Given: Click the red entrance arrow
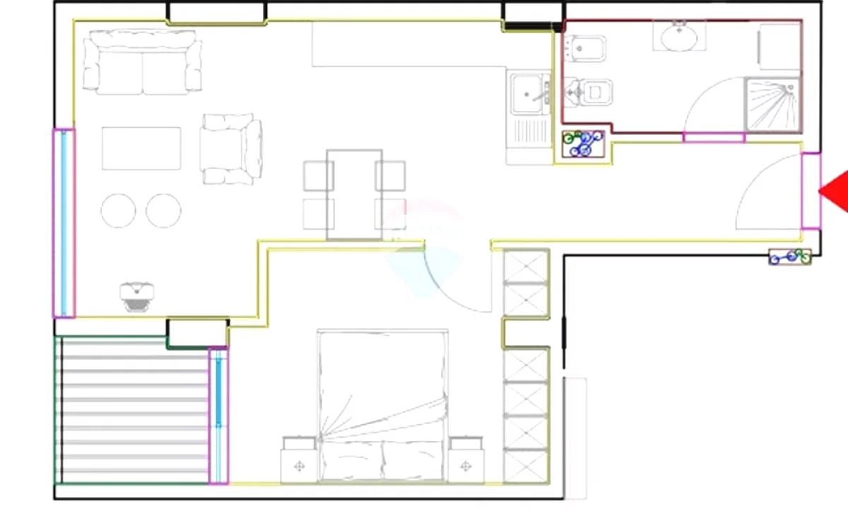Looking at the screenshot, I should coord(835,190).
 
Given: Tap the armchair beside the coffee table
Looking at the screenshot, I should coord(231,149).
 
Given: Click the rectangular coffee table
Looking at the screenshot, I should coord(141,148).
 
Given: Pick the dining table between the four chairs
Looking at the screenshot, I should coord(354,194).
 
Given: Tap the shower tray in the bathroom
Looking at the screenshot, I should coord(773,105).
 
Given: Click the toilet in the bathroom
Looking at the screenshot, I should coord(591,92).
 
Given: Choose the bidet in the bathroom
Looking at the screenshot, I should coord(585,49).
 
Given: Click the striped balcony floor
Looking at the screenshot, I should coord(133,410).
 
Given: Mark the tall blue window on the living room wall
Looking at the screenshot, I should coord(64,223).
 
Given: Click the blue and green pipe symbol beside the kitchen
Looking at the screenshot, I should coord(583,143).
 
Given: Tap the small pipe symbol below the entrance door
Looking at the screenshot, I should coord(790,257).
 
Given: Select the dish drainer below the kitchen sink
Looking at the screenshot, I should coord(529,131).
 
